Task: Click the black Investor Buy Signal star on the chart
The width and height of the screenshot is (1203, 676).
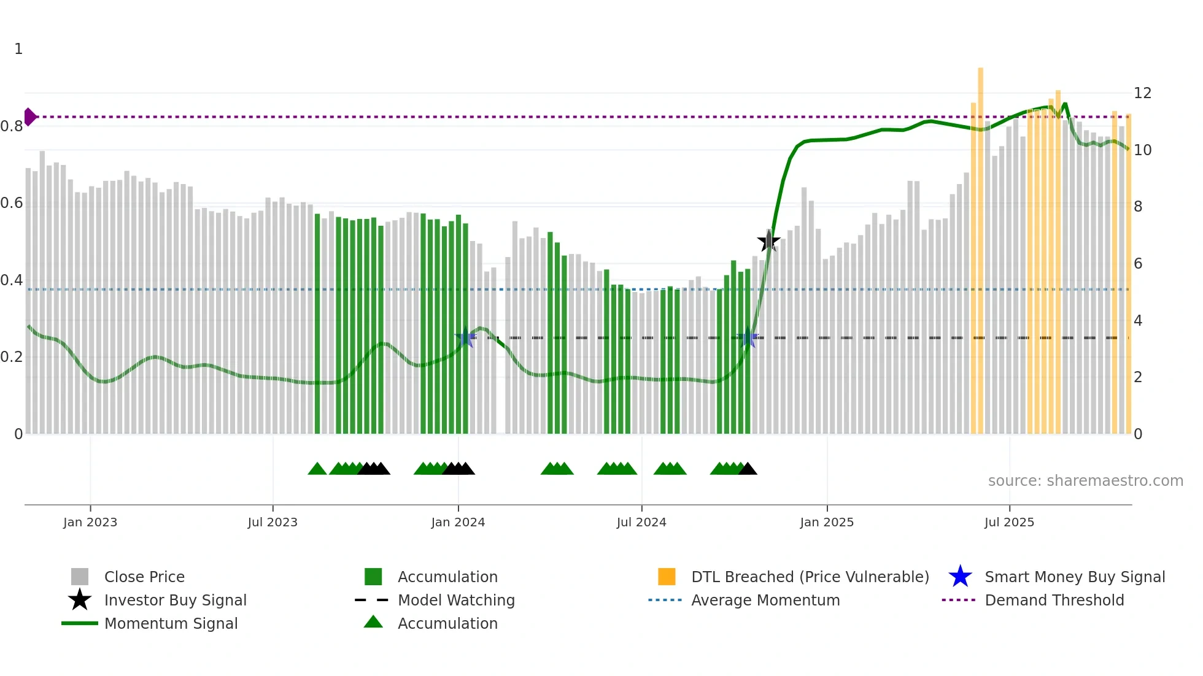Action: pyautogui.click(x=768, y=241)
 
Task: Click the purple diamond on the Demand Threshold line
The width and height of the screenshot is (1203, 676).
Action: pyautogui.click(x=30, y=117)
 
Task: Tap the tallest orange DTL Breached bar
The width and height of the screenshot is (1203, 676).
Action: pyautogui.click(x=980, y=245)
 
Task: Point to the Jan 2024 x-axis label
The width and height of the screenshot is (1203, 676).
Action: pyautogui.click(x=458, y=522)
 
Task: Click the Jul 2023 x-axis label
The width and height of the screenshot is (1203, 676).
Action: pyautogui.click(x=273, y=522)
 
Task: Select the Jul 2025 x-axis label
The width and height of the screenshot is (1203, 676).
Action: pyautogui.click(x=1009, y=522)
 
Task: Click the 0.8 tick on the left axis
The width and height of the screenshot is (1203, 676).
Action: pyautogui.click(x=12, y=126)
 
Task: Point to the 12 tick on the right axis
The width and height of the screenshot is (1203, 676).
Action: pyautogui.click(x=1142, y=93)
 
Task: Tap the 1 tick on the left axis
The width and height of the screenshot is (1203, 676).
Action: pyautogui.click(x=18, y=49)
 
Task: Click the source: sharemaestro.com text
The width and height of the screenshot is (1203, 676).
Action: pyautogui.click(x=1085, y=481)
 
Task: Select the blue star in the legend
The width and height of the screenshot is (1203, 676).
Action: pyautogui.click(x=960, y=577)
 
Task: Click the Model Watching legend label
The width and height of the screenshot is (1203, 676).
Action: pyautogui.click(x=456, y=600)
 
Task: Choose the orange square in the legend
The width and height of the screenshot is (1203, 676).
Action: pyautogui.click(x=667, y=577)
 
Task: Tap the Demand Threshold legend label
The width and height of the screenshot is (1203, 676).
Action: pyautogui.click(x=1054, y=600)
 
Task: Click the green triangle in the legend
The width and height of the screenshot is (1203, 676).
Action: pyautogui.click(x=373, y=623)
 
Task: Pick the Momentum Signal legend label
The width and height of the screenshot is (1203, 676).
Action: pyautogui.click(x=171, y=623)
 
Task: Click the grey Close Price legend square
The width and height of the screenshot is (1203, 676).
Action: pyautogui.click(x=80, y=577)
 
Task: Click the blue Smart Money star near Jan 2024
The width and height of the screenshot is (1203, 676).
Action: pyautogui.click(x=465, y=337)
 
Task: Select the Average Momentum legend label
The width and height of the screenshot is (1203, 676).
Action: pyautogui.click(x=765, y=600)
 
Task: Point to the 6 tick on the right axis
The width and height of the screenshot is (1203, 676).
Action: pyautogui.click(x=1138, y=264)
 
